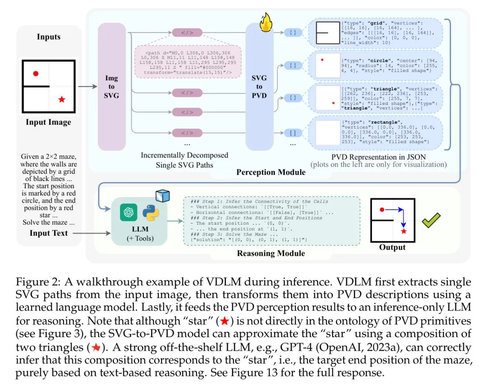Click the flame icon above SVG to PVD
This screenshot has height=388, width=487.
pyautogui.click(x=266, y=23)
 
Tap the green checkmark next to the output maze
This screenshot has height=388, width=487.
pyautogui.click(x=431, y=220)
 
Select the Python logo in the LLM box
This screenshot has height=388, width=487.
pyautogui.click(x=151, y=212)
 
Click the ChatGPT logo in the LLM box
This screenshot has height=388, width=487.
pyautogui.click(x=129, y=212)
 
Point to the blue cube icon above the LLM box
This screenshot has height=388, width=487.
pyautogui.click(x=162, y=195)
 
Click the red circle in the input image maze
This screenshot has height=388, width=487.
pyautogui.click(x=36, y=73)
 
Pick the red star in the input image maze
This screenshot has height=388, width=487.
pyautogui.click(x=62, y=99)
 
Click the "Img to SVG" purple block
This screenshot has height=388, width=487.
pyautogui.click(x=111, y=86)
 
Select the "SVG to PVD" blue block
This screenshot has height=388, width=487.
pyautogui.click(x=259, y=86)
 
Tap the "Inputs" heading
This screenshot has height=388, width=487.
pyautogui.click(x=48, y=36)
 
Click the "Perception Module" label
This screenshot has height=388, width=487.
pyautogui.click(x=271, y=172)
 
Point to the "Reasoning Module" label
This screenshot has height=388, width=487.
pyautogui.click(x=271, y=253)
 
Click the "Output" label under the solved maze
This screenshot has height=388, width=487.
pyautogui.click(x=392, y=247)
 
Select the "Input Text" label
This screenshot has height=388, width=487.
pyautogui.click(x=48, y=233)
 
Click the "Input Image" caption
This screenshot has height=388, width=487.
pyautogui.click(x=48, y=122)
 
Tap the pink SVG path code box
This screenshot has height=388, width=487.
pyautogui.click(x=188, y=62)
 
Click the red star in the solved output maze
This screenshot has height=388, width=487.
pyautogui.click(x=404, y=231)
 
